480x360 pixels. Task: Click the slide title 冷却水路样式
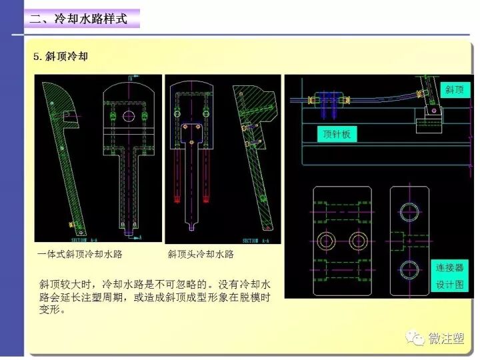[78, 18]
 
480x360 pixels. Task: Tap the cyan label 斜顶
[454, 89]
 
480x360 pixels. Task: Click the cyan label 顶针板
[337, 134]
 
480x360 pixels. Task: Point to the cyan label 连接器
[449, 268]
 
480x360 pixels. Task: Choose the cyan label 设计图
[449, 285]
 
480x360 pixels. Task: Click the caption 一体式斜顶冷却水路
[81, 254]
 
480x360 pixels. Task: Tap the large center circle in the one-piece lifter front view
[129, 116]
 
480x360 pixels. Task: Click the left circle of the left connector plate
[327, 241]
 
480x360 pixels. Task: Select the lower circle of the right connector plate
[409, 269]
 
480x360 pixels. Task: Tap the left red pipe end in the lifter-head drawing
[177, 197]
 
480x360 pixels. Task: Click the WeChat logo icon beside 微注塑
[417, 338]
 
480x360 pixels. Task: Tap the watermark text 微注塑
[446, 339]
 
